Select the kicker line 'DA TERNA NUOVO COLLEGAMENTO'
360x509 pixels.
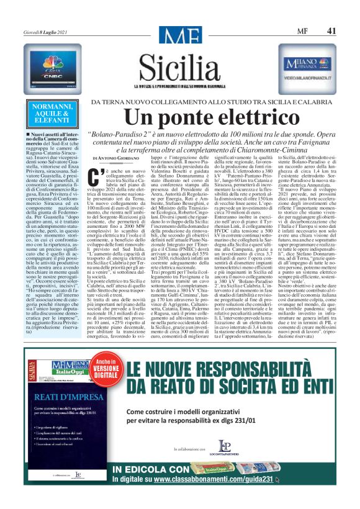(163, 101)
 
